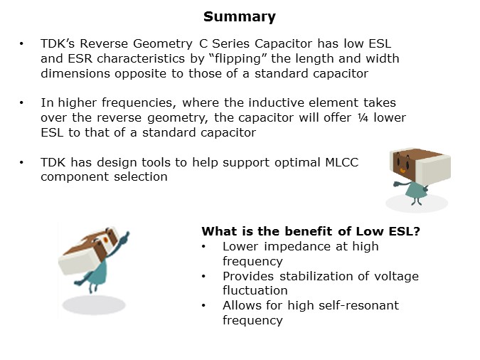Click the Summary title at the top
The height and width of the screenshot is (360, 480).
coord(240,16)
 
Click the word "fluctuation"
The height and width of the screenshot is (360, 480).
coord(255,290)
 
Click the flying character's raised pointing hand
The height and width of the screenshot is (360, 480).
coord(125,234)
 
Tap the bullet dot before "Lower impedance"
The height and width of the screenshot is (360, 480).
coord(205,246)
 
